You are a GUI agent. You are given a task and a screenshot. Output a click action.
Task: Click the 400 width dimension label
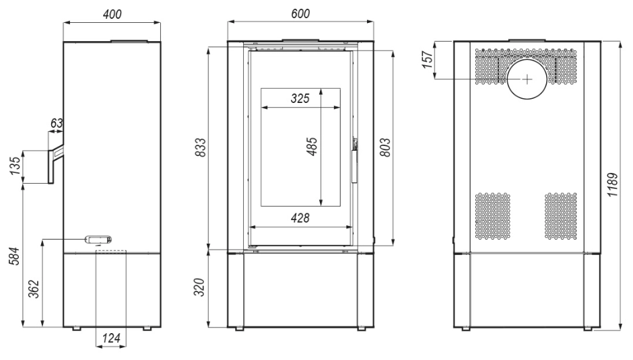click(112, 14)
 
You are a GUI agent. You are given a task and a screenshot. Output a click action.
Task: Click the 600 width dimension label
click(300, 13)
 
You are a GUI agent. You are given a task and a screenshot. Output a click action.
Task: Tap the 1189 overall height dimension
click(612, 184)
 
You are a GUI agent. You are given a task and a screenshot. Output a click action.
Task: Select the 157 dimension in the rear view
click(428, 60)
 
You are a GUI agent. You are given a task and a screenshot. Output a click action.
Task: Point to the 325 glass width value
click(300, 98)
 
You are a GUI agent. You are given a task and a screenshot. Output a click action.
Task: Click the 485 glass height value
click(312, 147)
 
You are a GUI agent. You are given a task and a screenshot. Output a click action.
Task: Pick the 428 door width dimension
click(300, 218)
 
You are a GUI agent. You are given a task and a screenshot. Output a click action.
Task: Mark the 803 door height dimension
click(385, 147)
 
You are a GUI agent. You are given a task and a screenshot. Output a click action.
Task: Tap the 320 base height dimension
click(200, 287)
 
